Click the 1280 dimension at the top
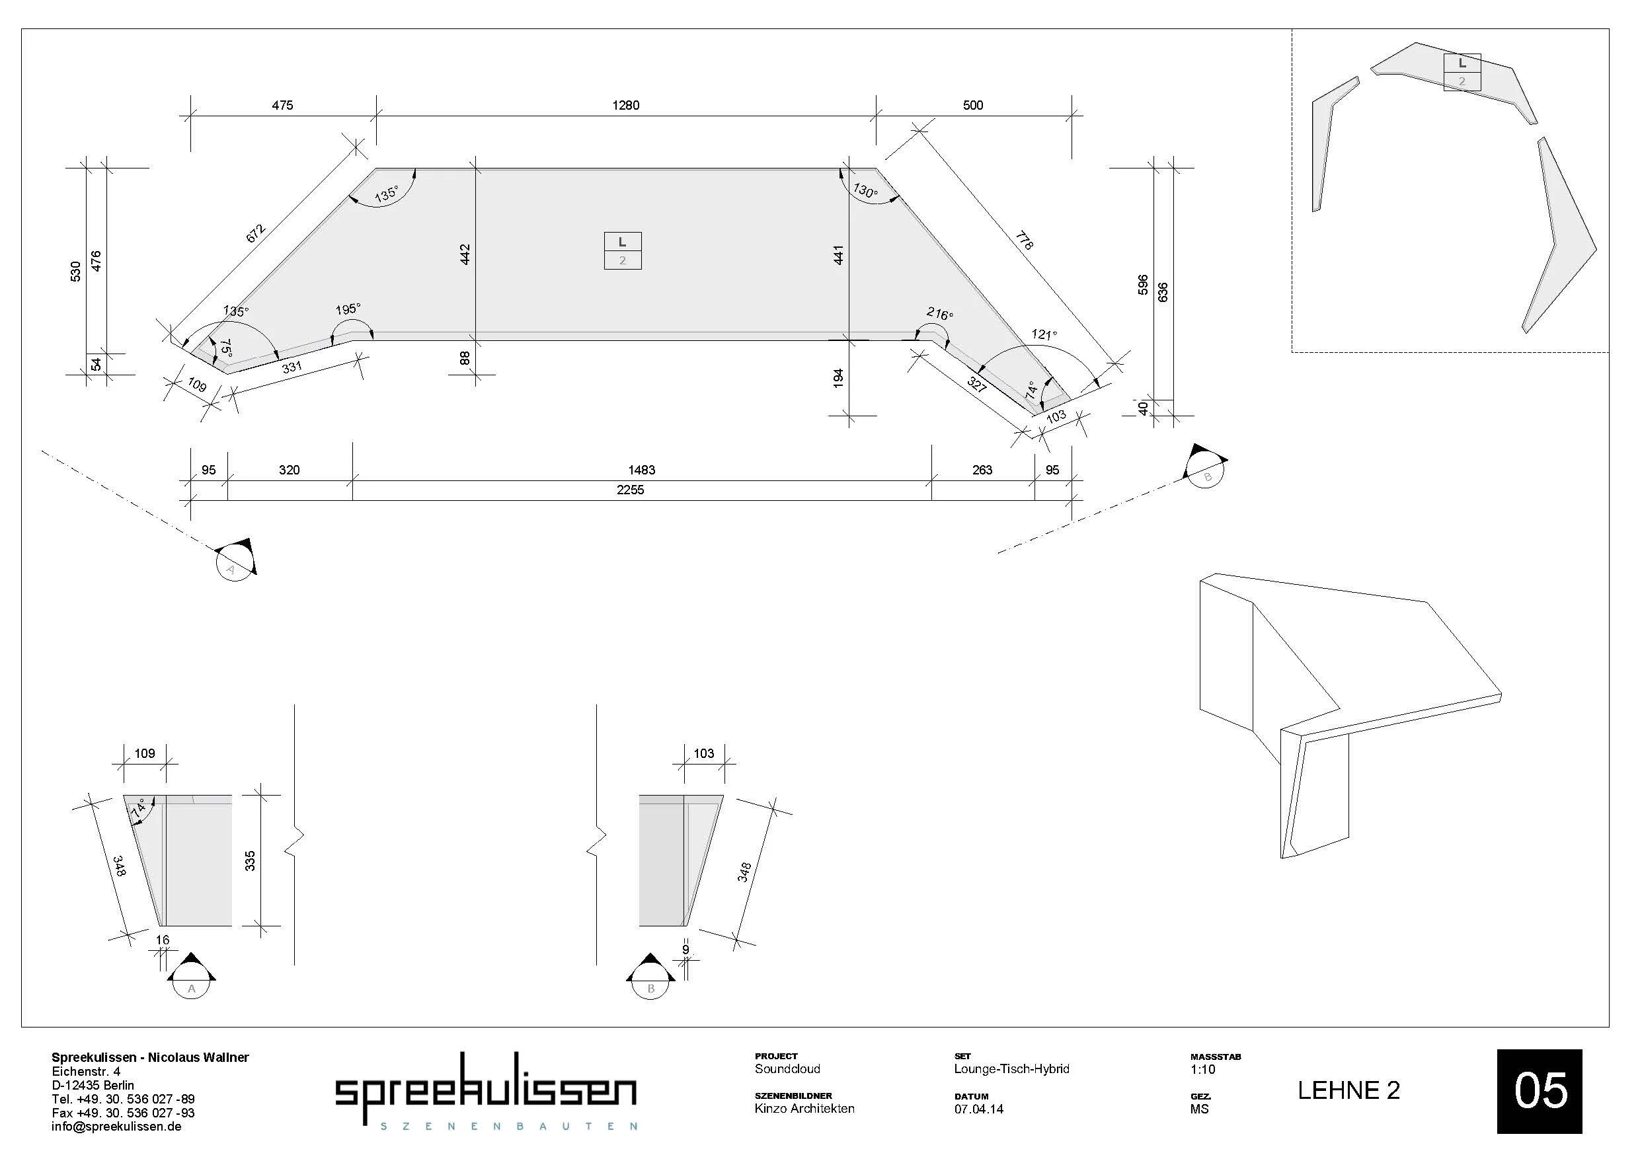click(626, 106)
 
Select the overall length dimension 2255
click(630, 490)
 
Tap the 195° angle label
click(348, 309)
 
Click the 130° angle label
click(865, 191)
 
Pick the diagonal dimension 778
click(1023, 241)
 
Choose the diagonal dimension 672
click(256, 233)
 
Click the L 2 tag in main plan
click(622, 250)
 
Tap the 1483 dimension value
click(641, 470)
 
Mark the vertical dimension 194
click(839, 378)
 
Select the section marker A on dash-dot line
click(236, 559)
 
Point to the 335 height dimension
click(250, 860)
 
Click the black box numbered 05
click(1540, 1091)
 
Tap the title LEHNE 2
click(1348, 1090)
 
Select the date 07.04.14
click(978, 1109)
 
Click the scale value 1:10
click(1203, 1069)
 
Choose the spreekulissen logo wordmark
click(486, 1089)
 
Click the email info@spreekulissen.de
click(116, 1126)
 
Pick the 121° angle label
click(1044, 334)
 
